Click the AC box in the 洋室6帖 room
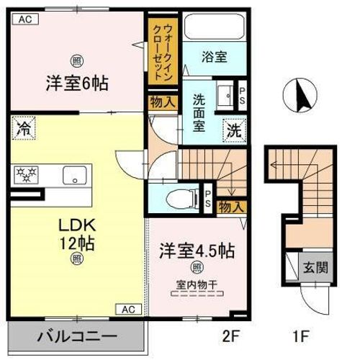(25, 19)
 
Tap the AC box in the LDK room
(128, 310)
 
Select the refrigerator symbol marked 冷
(24, 128)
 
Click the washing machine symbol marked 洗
(234, 131)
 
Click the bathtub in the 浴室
(215, 27)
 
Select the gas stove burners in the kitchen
(26, 175)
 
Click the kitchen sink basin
(75, 175)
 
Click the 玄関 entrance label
(315, 267)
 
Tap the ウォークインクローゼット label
(163, 53)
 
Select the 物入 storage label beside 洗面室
(163, 102)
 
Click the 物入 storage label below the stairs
(232, 207)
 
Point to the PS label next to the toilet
(207, 199)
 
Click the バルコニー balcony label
(77, 336)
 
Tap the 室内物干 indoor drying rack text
(197, 285)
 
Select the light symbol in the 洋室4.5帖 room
(197, 267)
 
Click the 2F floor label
(231, 336)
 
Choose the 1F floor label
(300, 336)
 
